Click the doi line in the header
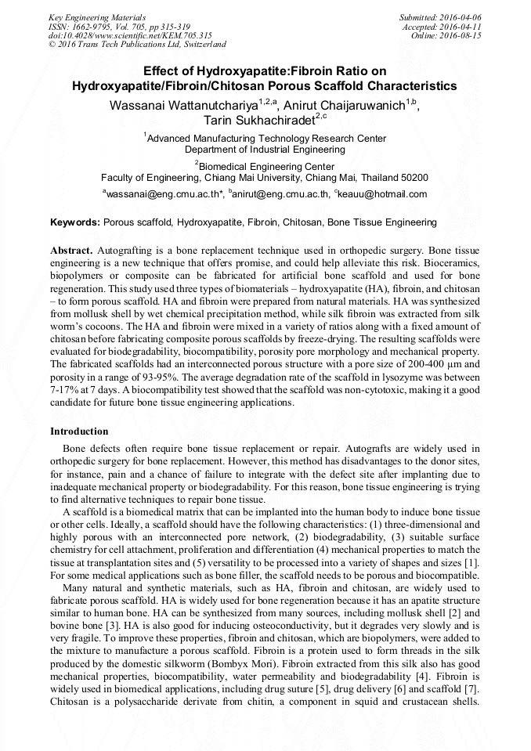click(130, 35)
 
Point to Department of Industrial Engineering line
click(265, 149)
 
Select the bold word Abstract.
click(72, 250)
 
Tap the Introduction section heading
click(79, 431)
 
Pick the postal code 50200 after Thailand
click(414, 178)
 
